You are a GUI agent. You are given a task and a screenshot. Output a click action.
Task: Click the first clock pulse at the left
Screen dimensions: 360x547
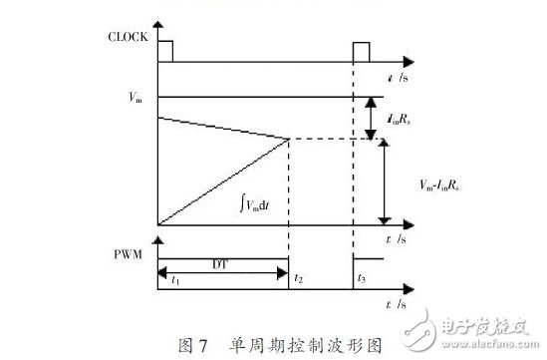(x=163, y=51)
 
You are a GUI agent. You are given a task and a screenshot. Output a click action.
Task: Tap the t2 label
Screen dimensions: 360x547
(x=300, y=280)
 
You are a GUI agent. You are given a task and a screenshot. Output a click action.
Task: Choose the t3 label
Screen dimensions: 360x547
(x=363, y=280)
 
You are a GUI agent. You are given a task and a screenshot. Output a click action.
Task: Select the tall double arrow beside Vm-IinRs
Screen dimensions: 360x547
(x=383, y=180)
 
